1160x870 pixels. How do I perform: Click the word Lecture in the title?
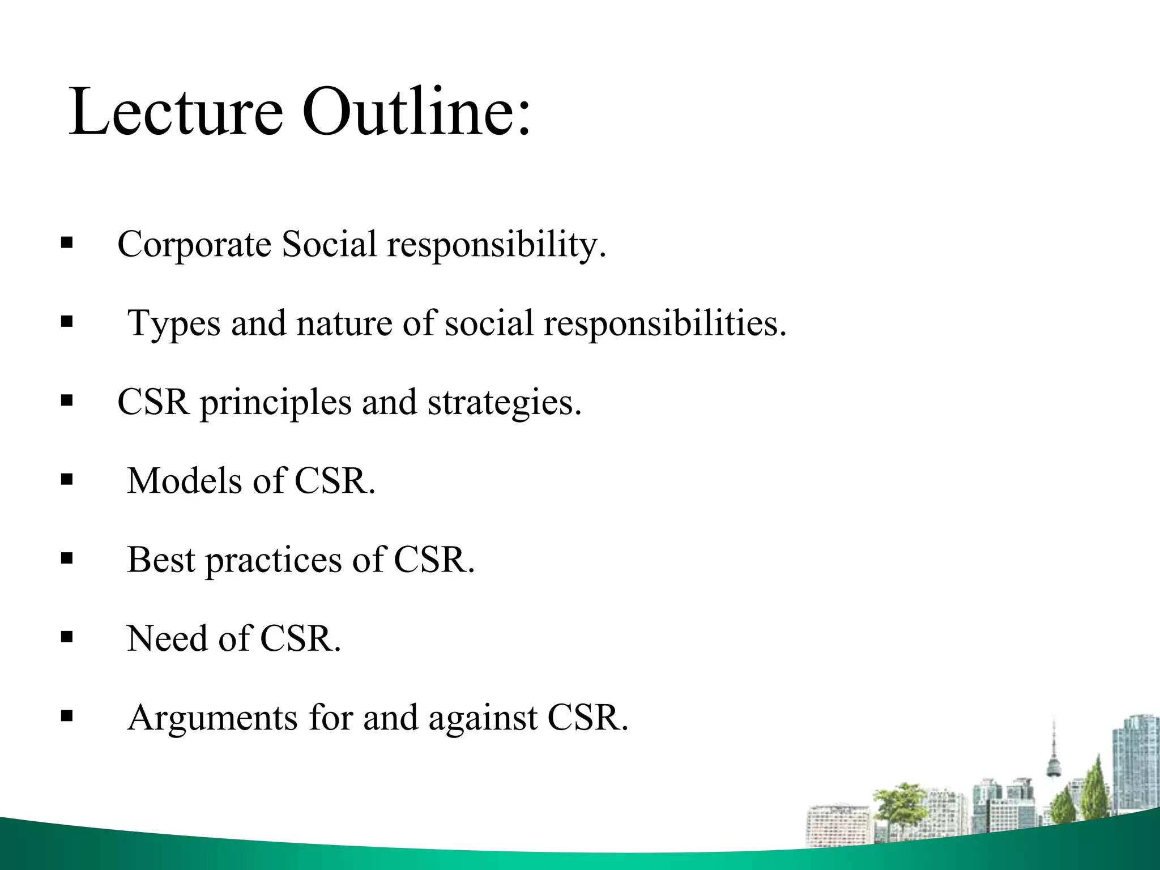click(176, 111)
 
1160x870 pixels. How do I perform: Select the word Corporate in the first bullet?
click(194, 245)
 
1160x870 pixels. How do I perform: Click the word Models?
click(186, 481)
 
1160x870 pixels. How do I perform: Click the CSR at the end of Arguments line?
click(587, 717)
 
